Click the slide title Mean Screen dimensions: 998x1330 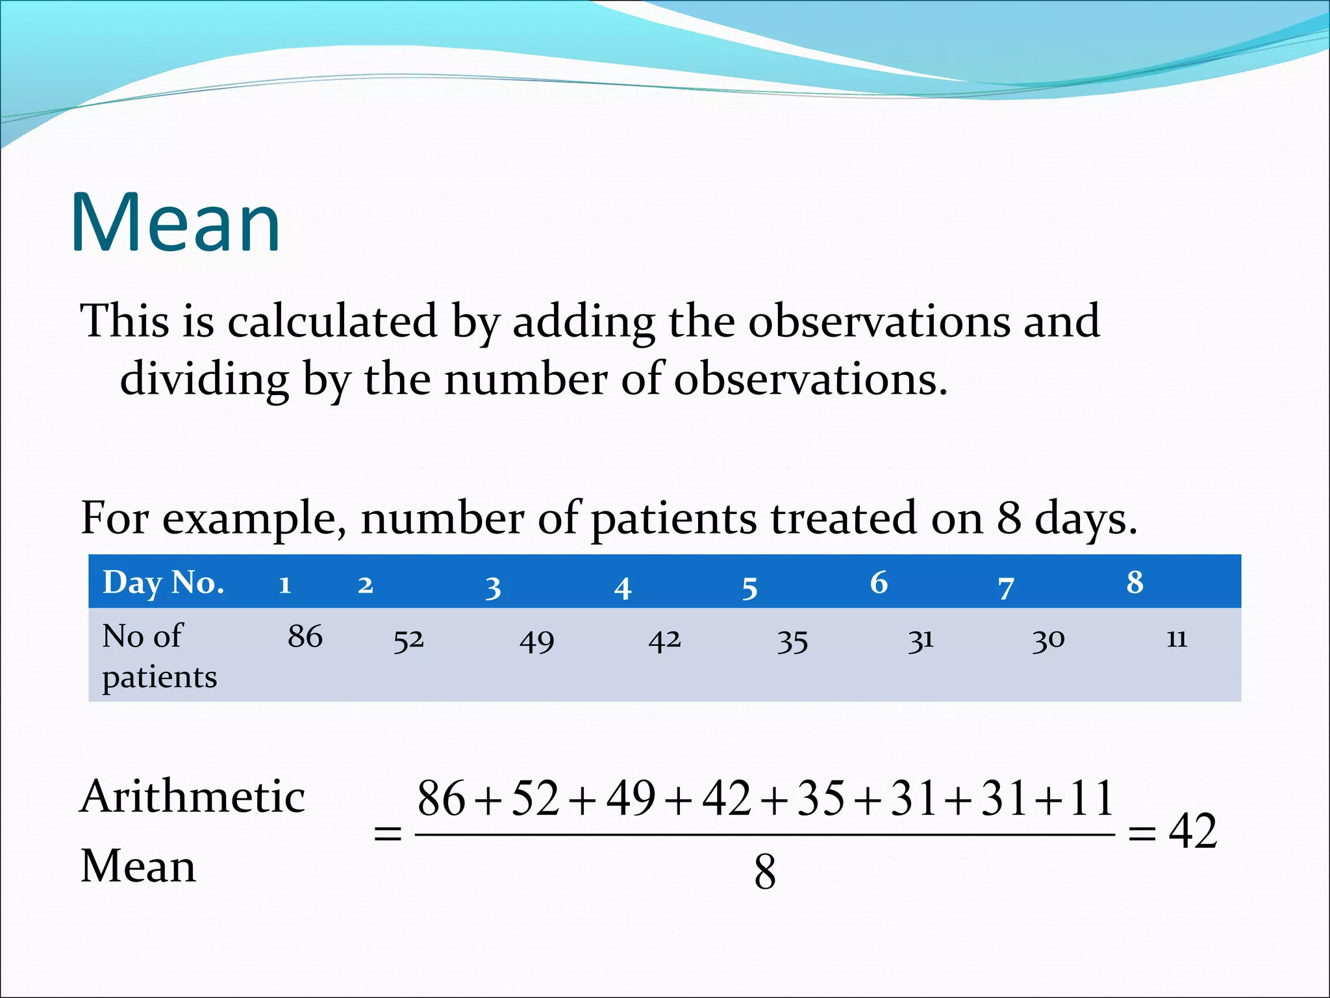point(175,222)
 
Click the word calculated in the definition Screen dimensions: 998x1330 point(332,321)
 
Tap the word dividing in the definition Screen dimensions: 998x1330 point(205,379)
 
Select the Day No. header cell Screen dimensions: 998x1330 point(164,582)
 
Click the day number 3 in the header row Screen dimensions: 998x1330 point(493,587)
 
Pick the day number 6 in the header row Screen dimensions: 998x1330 point(879,582)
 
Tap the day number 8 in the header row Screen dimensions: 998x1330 point(1135,582)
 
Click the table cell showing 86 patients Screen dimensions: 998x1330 point(305,636)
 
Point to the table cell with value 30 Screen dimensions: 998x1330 point(1048,640)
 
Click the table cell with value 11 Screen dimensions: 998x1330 point(1177,639)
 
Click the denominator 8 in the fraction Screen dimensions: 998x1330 point(765,872)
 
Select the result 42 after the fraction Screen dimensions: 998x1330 point(1192,831)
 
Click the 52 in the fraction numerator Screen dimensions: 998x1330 point(535,799)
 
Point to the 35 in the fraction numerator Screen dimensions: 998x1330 point(821,799)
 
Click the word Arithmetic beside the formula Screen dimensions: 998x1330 point(192,797)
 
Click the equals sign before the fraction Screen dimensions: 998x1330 point(388,834)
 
